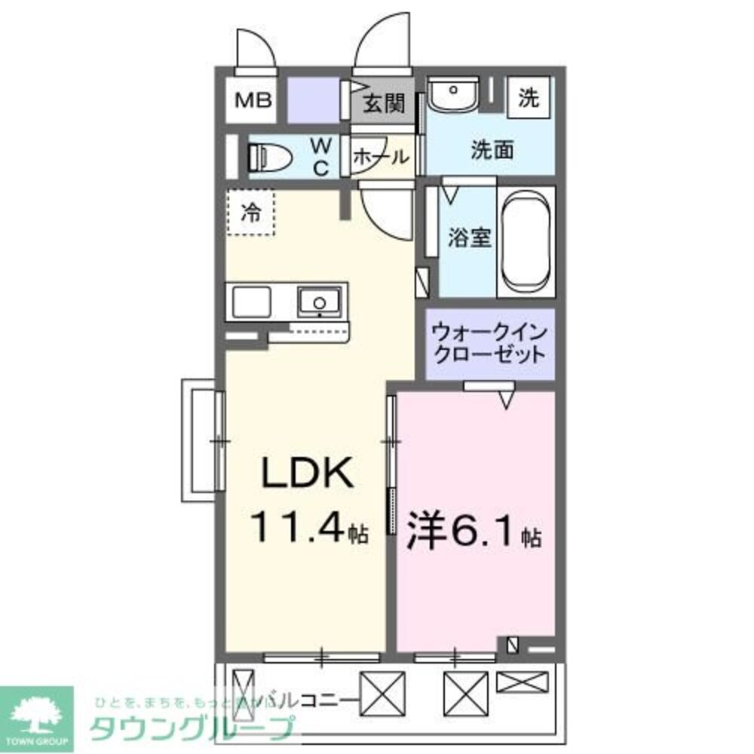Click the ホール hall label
click(381, 157)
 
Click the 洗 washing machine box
click(529, 97)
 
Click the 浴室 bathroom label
click(469, 238)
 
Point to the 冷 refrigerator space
click(251, 213)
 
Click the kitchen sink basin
click(318, 302)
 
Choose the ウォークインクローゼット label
click(488, 343)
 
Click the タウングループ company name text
click(192, 728)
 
